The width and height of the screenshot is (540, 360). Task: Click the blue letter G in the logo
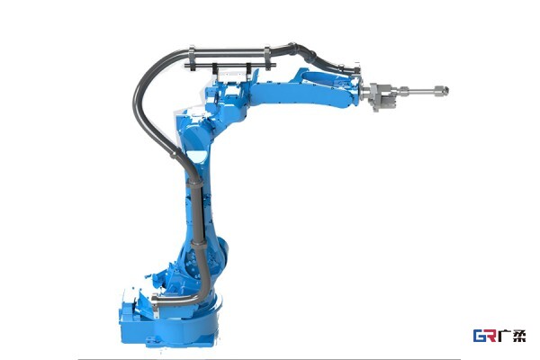pyautogui.click(x=480, y=336)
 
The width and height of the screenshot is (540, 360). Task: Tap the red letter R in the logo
pyautogui.click(x=491, y=336)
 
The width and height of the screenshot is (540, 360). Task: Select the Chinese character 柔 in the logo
pyautogui.click(x=519, y=336)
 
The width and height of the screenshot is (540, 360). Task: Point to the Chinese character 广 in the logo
pyautogui.click(x=505, y=336)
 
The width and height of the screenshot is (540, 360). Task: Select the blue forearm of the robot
pyautogui.click(x=303, y=90)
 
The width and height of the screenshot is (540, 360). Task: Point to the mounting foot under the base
pyautogui.click(x=151, y=341)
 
